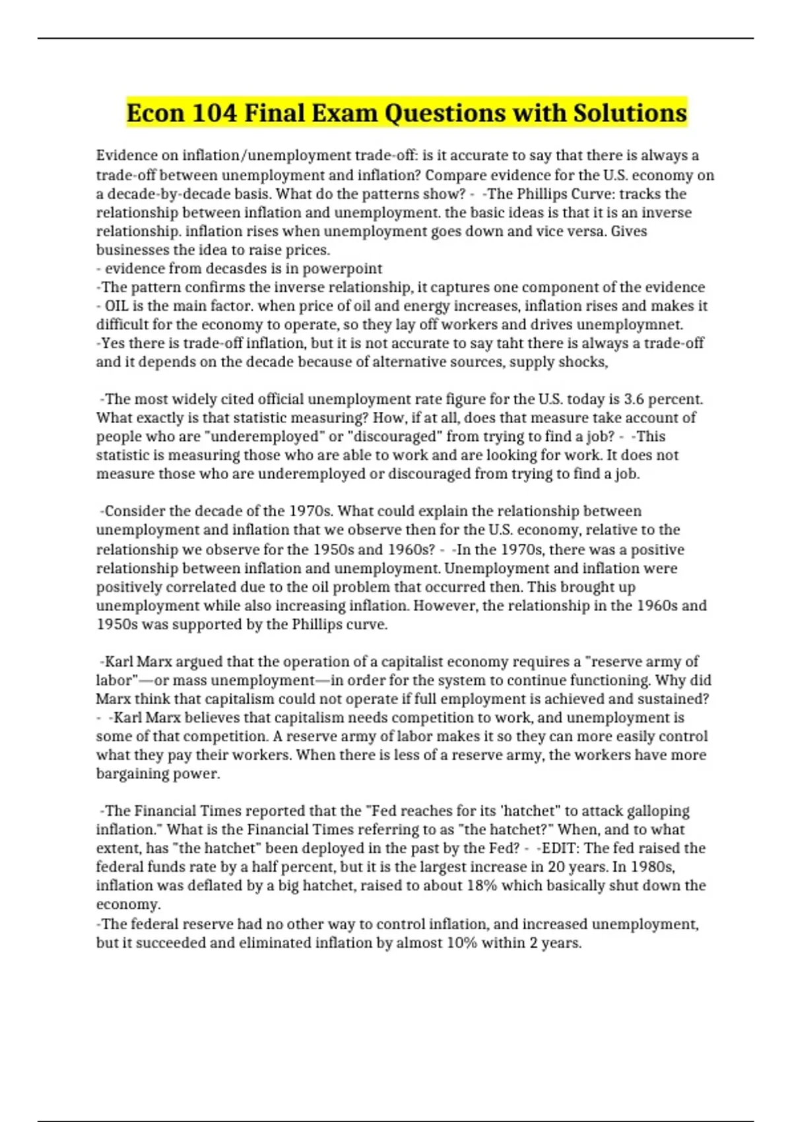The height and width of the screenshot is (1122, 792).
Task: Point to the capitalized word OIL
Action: pos(117,306)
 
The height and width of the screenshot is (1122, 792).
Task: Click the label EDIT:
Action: pos(560,848)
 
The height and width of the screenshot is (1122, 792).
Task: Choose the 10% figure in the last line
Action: pos(461,943)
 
